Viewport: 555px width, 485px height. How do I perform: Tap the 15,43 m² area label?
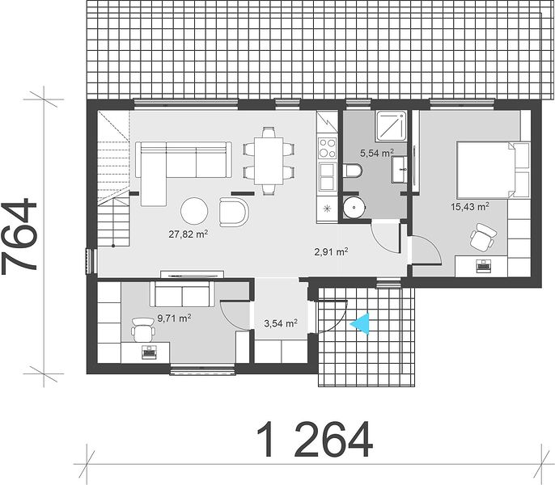tap(470, 207)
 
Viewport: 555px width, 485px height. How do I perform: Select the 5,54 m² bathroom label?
tap(377, 153)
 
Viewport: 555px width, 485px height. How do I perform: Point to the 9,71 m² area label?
tap(174, 318)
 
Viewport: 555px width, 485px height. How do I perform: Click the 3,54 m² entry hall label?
tap(281, 323)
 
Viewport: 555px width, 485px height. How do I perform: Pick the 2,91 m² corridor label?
tap(332, 252)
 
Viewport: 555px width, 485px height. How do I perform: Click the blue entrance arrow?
tap(360, 323)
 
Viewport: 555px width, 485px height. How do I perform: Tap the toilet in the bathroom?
tap(353, 171)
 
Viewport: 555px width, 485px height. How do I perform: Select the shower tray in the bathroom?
tap(391, 127)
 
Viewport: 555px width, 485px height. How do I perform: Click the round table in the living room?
tap(194, 210)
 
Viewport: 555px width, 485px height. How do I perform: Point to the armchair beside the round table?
tap(234, 212)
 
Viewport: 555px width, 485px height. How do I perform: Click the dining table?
tap(269, 161)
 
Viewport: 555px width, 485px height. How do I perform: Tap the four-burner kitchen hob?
tap(328, 148)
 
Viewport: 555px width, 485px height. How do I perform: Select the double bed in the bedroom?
tap(493, 170)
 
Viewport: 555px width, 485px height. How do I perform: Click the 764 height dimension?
tap(19, 237)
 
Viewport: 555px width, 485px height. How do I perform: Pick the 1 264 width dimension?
tap(314, 440)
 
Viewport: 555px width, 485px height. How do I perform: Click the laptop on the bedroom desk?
tap(484, 264)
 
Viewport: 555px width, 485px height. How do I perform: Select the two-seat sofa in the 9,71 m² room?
tap(182, 294)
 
